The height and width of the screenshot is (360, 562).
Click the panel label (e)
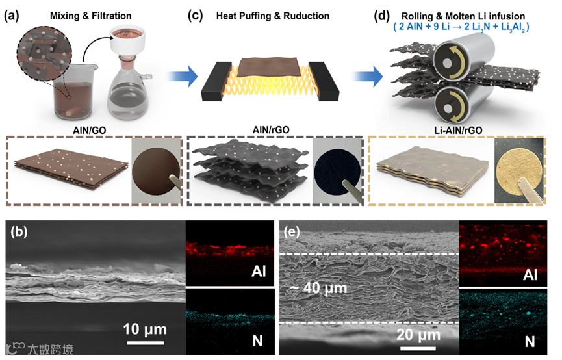coord(293,231)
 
